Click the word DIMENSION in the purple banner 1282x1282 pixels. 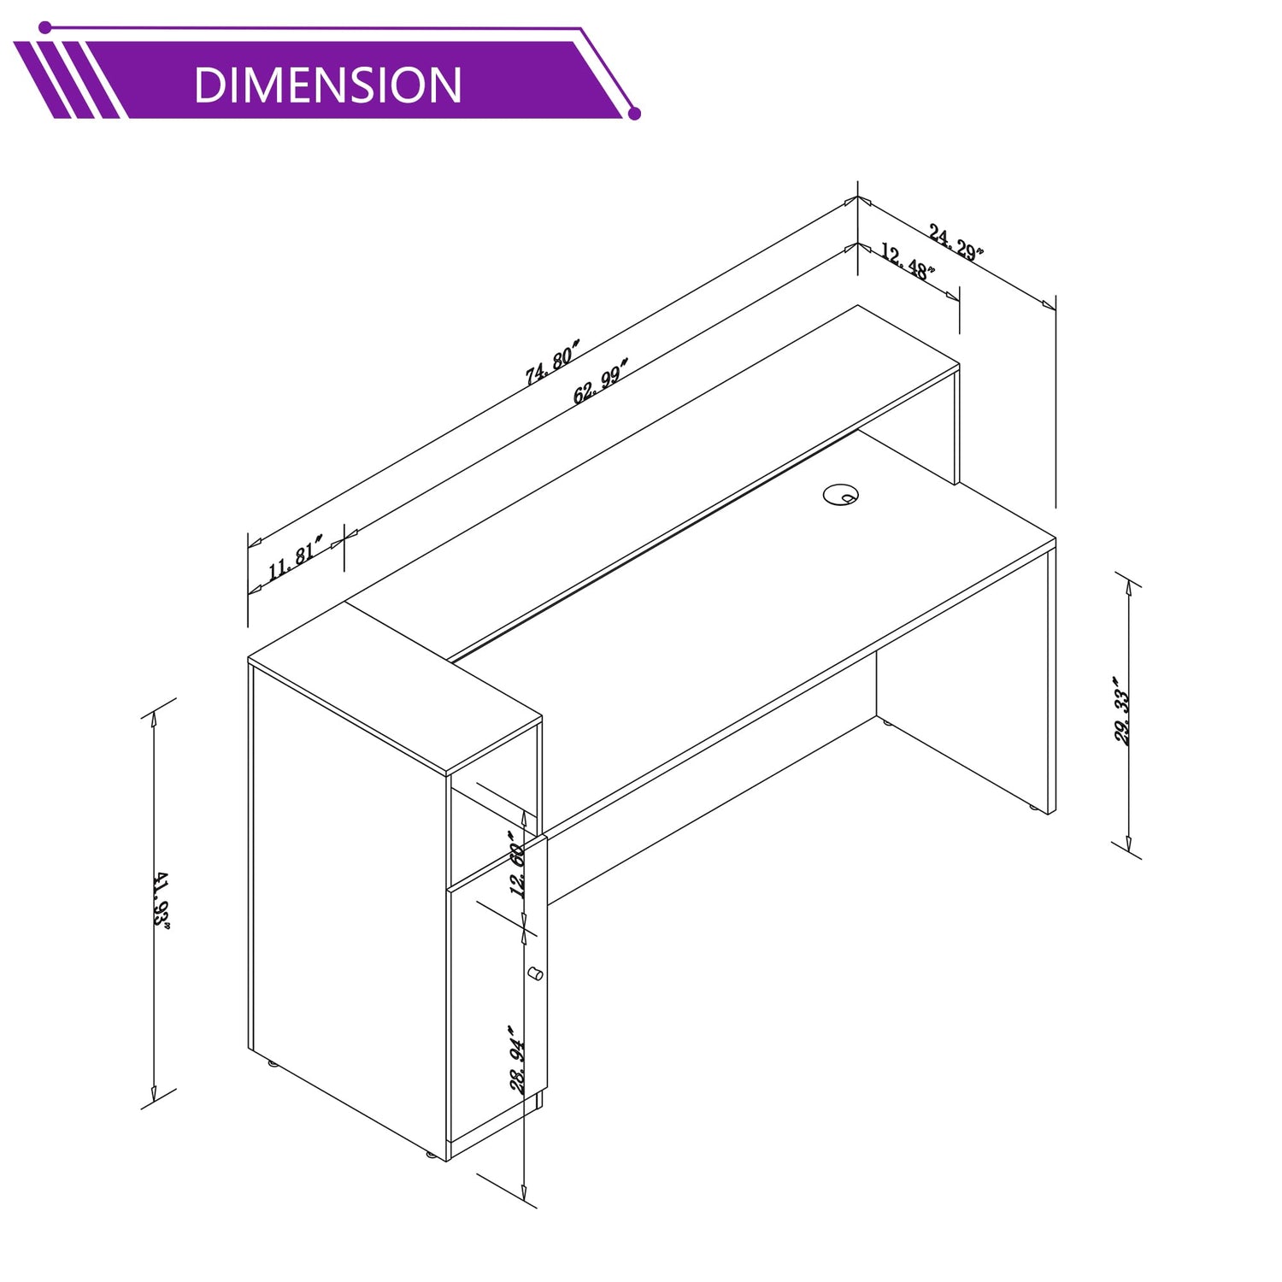pos(327,85)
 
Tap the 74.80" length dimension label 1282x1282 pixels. pos(553,362)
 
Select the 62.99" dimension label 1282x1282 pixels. pos(601,381)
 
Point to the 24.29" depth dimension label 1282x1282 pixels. pos(956,242)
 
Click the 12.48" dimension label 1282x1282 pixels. pos(908,261)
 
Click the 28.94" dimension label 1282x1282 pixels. pos(518,1059)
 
